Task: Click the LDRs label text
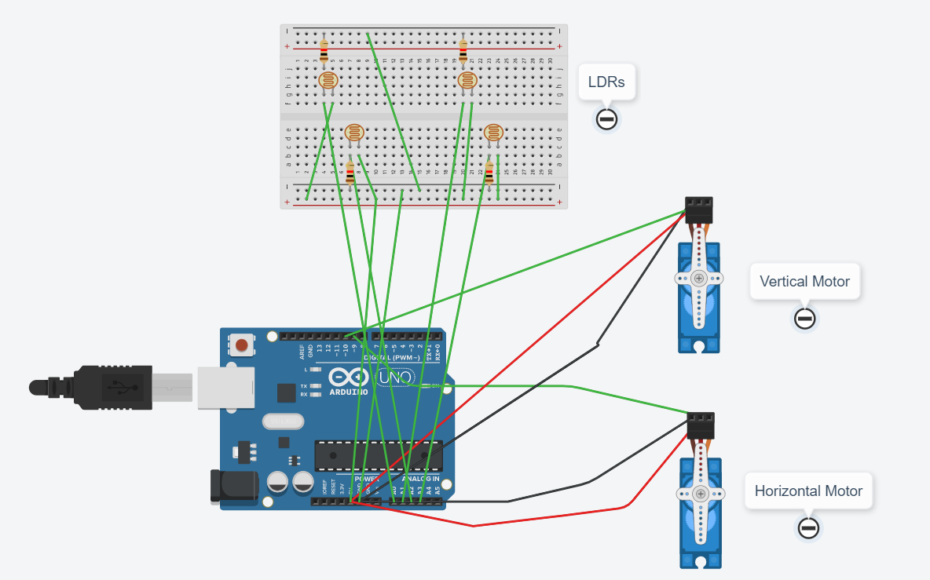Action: point(606,82)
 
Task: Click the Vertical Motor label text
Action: point(804,281)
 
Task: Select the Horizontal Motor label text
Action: point(808,491)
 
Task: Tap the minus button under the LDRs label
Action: point(606,119)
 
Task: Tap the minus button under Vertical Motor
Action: point(804,319)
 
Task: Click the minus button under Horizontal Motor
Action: point(808,528)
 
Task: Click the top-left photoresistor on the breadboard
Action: point(328,81)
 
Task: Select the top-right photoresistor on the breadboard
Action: point(467,81)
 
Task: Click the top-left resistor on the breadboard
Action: point(324,52)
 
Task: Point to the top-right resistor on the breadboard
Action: point(463,52)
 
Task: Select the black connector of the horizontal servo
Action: point(700,426)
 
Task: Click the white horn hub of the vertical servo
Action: point(698,279)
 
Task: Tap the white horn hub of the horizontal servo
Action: point(699,494)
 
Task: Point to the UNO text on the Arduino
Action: point(394,378)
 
